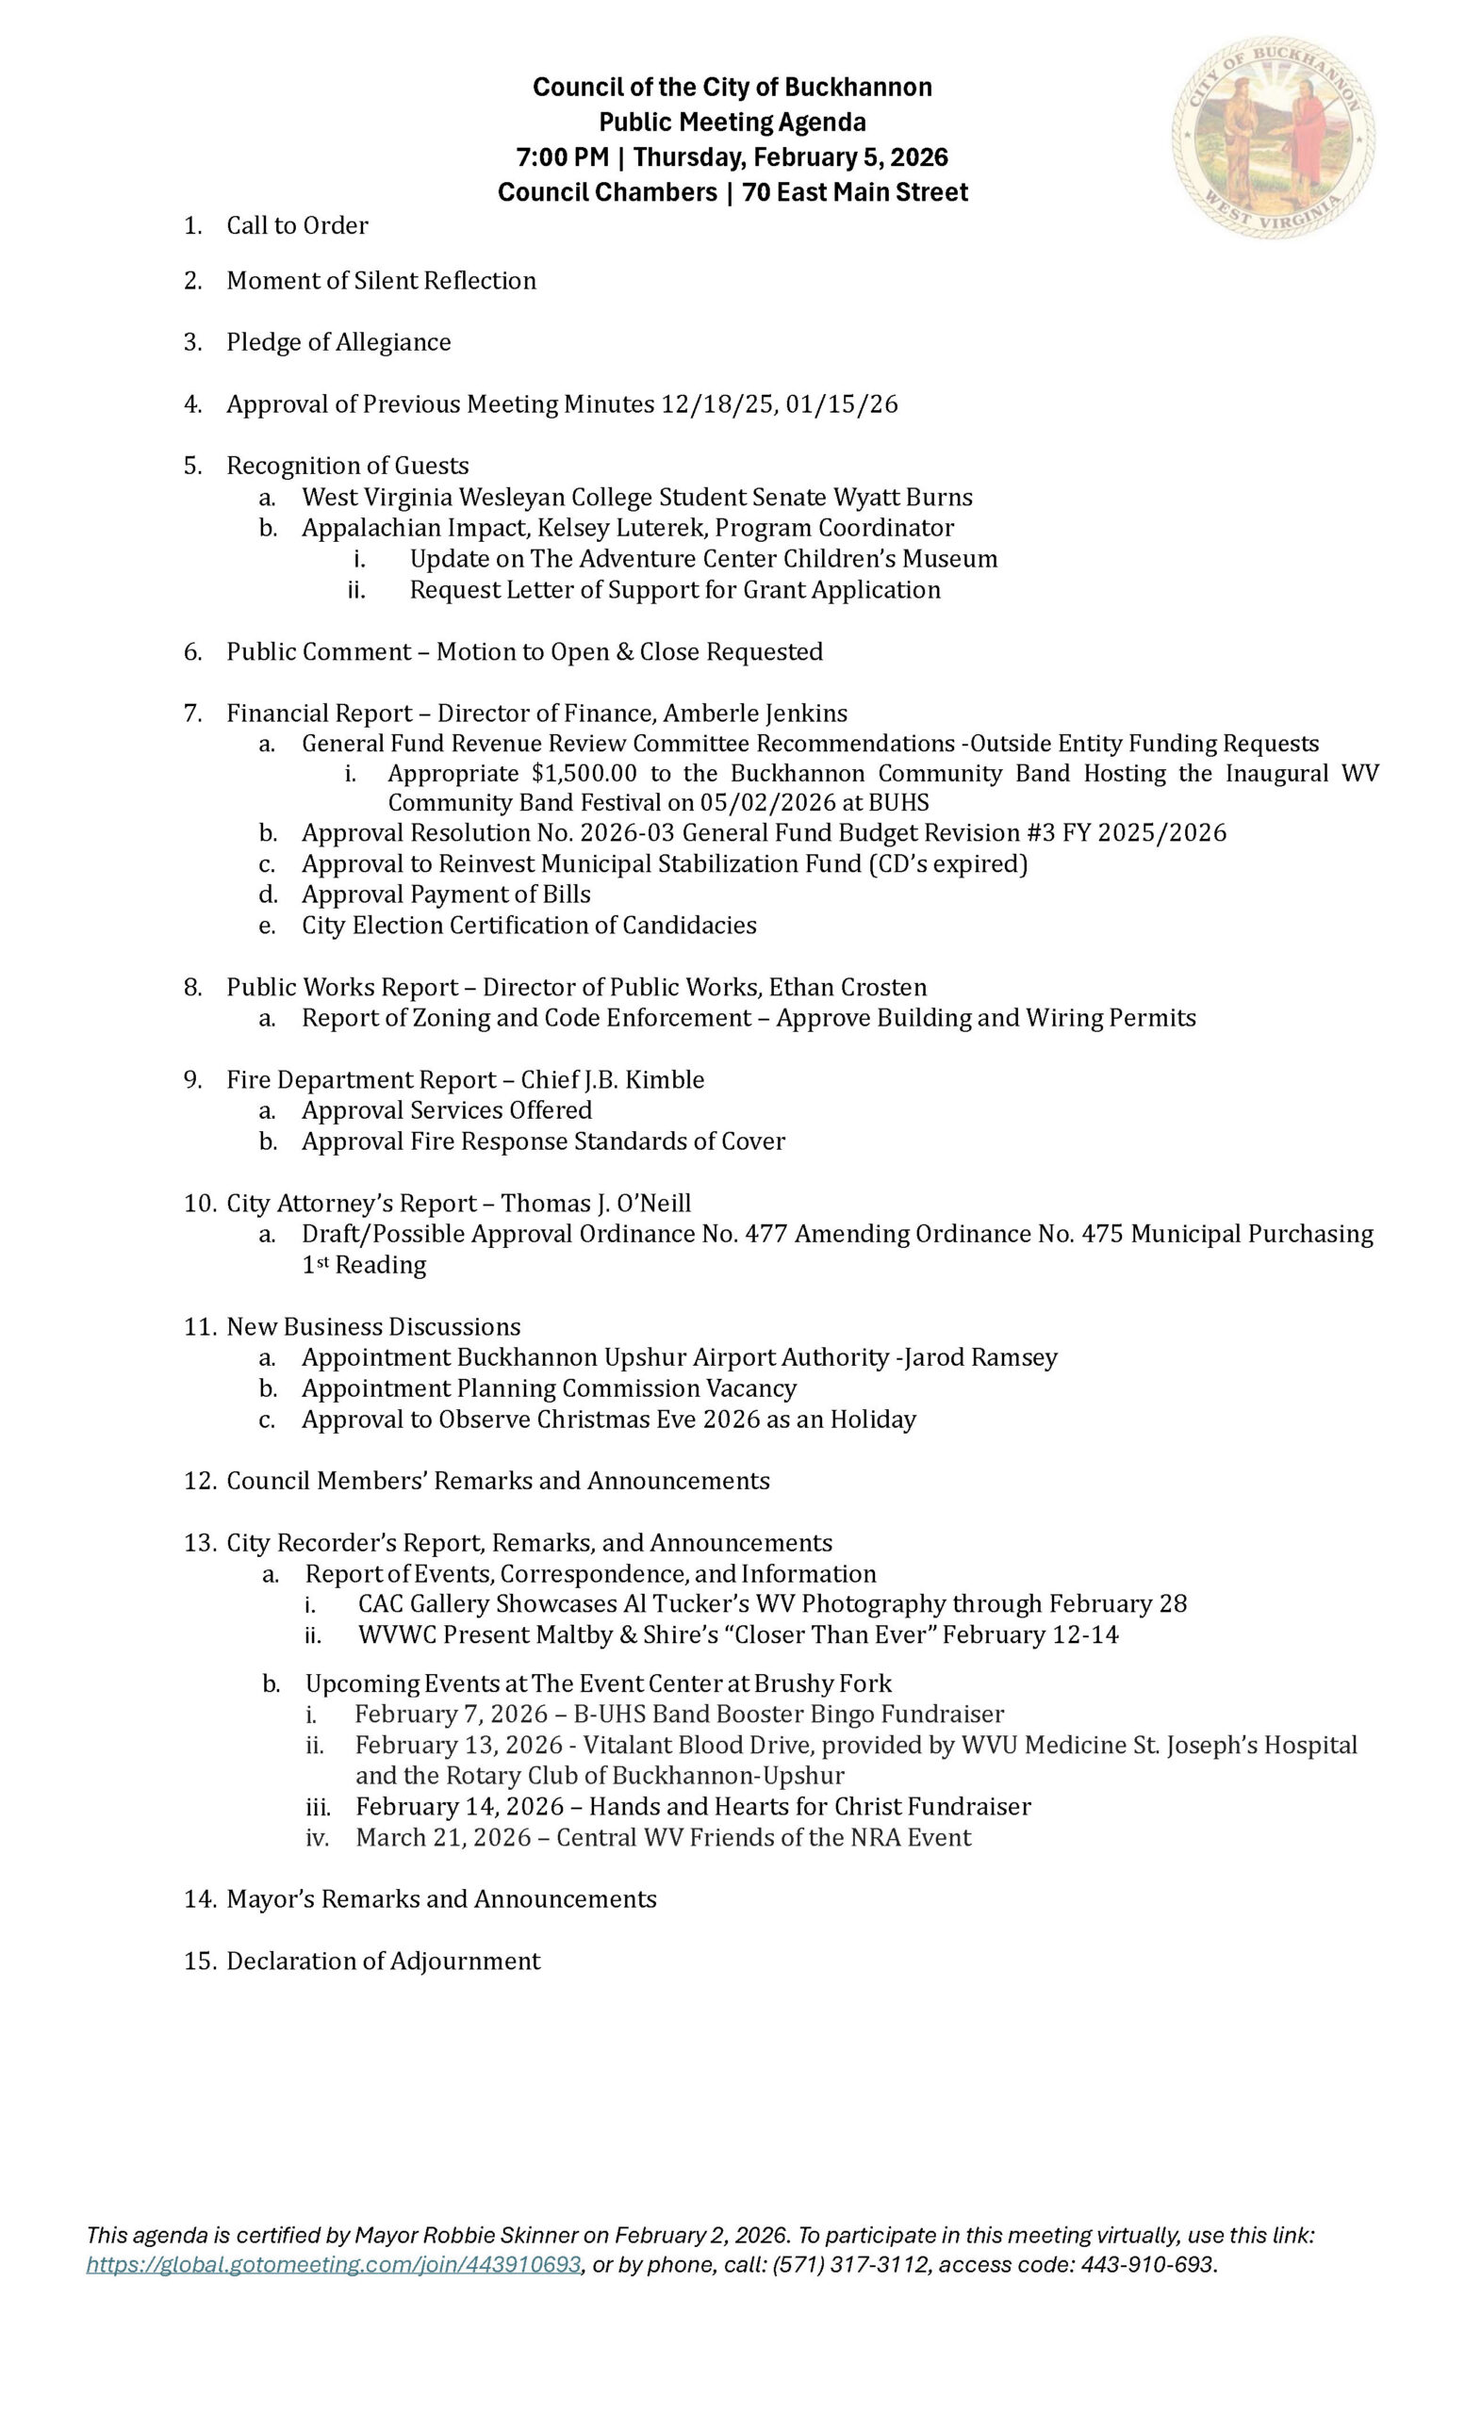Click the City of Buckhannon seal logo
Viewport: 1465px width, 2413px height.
pos(1272,138)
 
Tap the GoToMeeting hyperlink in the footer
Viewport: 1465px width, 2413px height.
pos(333,2264)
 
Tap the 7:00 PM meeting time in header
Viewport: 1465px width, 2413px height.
pos(563,157)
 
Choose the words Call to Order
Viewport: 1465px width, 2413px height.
pos(297,226)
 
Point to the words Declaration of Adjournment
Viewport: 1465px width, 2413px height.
pos(383,1961)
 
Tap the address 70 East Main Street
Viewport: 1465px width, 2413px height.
pos(855,193)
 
